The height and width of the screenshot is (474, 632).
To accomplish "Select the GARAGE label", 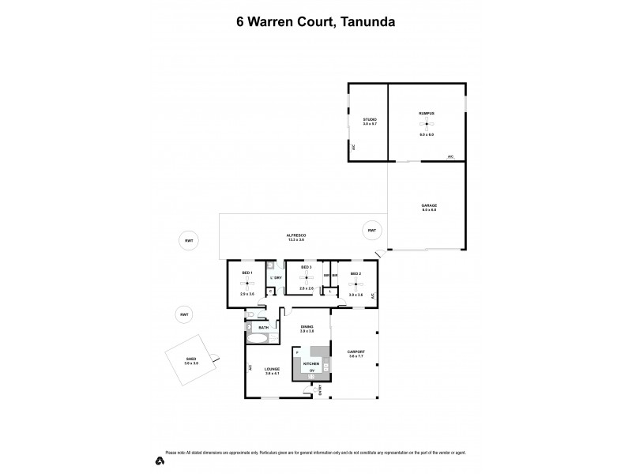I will [429, 205].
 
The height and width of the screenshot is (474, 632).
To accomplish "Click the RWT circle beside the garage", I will [371, 230].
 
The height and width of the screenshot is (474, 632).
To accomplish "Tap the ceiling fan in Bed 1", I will [246, 283].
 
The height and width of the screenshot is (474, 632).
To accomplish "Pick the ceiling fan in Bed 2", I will [355, 284].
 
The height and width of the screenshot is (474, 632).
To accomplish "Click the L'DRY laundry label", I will [276, 278].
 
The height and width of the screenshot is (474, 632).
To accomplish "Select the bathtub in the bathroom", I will [258, 337].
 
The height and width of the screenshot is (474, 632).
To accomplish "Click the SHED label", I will [190, 360].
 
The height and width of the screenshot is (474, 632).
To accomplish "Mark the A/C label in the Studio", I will [353, 147].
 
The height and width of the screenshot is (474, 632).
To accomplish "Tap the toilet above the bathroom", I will [250, 317].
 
